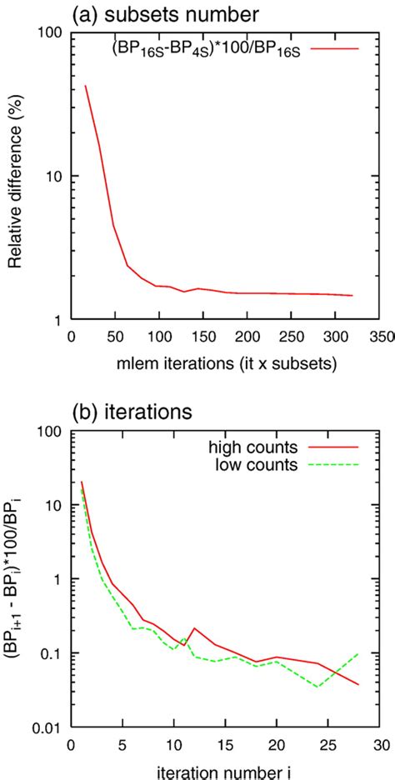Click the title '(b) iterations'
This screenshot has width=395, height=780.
pyautogui.click(x=145, y=410)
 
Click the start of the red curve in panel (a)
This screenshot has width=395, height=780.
pyautogui.click(x=86, y=86)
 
